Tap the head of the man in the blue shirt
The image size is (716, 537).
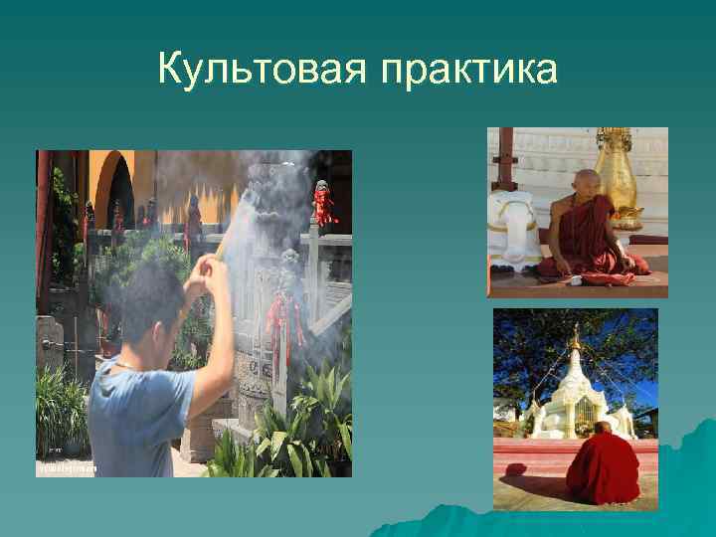(149, 299)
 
